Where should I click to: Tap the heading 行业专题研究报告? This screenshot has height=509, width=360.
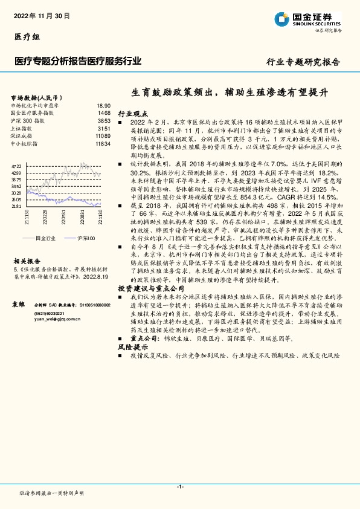(303, 62)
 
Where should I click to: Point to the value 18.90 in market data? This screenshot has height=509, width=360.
(104, 105)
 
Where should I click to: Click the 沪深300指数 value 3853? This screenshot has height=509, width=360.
(104, 121)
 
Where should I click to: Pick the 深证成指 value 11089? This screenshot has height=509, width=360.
(103, 137)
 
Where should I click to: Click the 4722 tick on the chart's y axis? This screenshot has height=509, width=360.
(17, 166)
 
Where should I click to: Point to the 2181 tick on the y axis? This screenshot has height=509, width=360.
(17, 206)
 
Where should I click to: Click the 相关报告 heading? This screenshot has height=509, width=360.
(25, 256)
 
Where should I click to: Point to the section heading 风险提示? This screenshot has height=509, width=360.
(132, 348)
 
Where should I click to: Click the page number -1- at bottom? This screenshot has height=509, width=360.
(180, 486)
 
